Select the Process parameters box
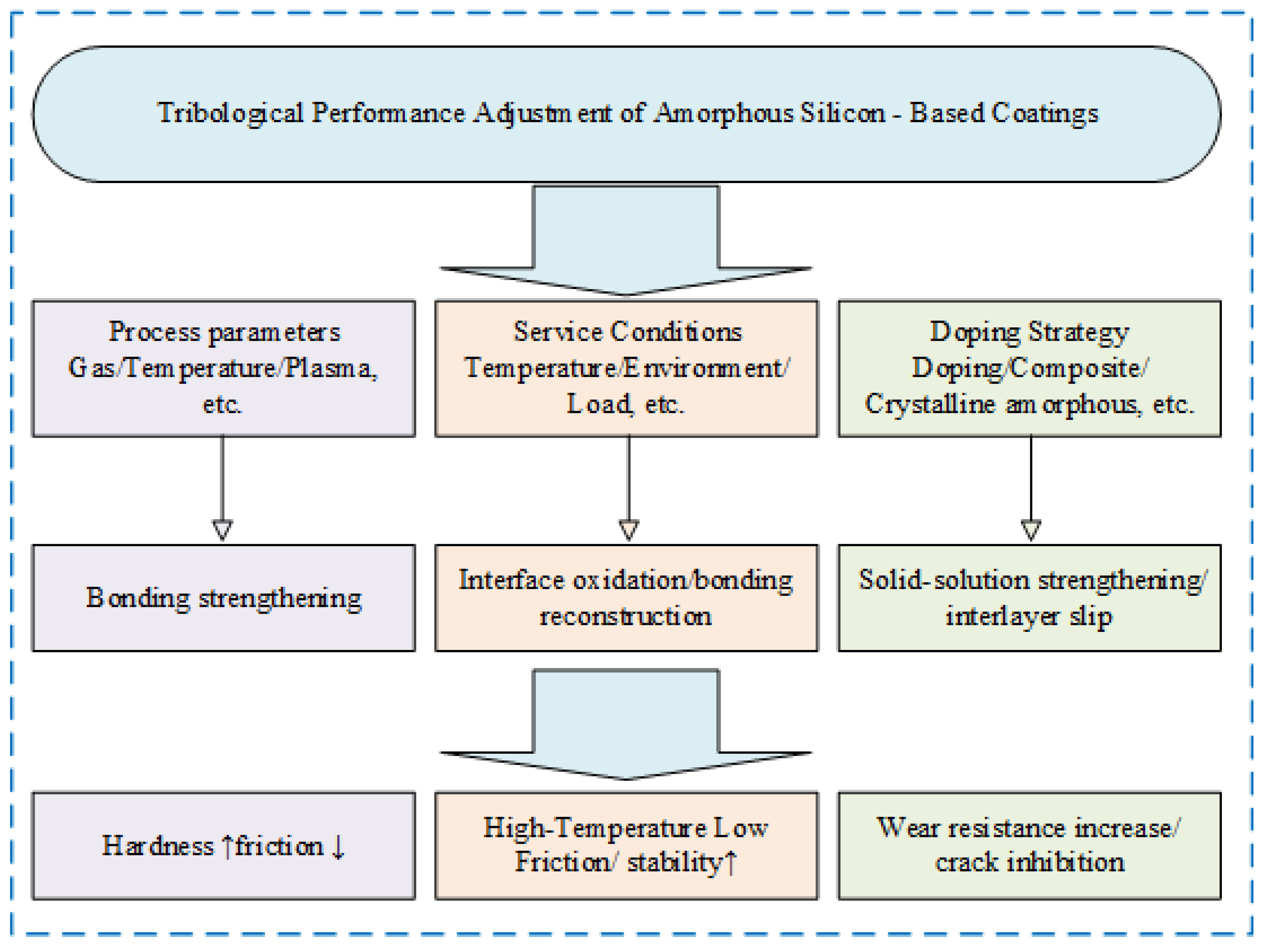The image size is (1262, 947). click(224, 369)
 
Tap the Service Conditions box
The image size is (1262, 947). click(626, 369)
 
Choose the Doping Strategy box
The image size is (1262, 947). click(1029, 369)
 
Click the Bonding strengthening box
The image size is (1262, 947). click(224, 598)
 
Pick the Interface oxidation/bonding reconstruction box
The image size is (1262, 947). click(626, 598)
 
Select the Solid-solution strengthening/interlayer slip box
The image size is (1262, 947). click(1029, 598)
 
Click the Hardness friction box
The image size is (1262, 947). click(224, 846)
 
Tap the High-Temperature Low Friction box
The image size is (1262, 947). click(626, 846)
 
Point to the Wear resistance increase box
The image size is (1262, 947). click(1029, 846)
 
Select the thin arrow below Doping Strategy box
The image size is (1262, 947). click(1031, 485)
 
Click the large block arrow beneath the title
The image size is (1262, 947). click(626, 240)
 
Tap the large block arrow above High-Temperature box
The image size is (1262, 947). click(626, 724)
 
